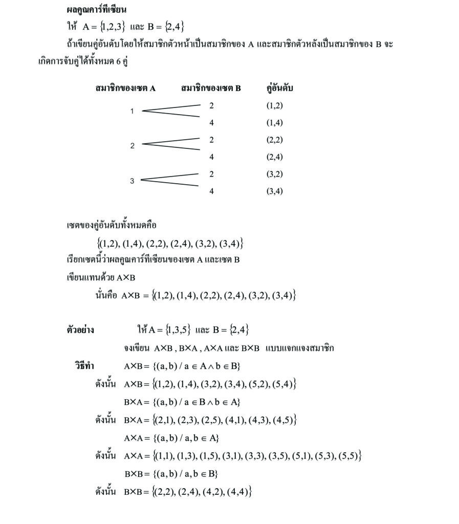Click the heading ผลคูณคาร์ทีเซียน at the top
click(97, 10)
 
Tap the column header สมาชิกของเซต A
click(125, 88)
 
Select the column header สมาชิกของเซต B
click(211, 88)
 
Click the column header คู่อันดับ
click(280, 88)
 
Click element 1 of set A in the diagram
click(132, 112)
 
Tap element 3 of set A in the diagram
click(132, 181)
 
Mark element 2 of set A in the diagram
click(132, 146)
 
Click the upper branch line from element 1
click(171, 107)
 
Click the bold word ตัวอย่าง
click(80, 330)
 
